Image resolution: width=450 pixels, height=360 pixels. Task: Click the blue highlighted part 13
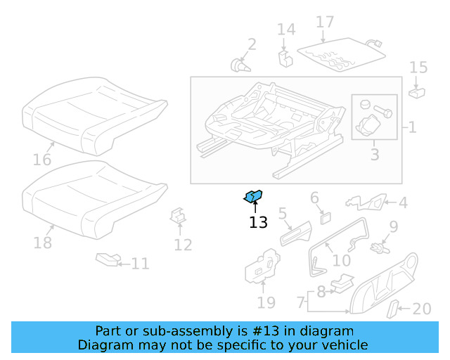(x=253, y=197)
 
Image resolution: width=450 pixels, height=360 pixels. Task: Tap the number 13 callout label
(x=258, y=223)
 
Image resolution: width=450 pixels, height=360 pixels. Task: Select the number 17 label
(x=325, y=22)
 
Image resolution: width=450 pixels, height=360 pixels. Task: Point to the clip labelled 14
(x=285, y=57)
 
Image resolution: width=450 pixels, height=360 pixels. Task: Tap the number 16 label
(x=42, y=160)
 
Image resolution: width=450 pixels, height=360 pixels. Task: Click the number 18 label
(x=43, y=243)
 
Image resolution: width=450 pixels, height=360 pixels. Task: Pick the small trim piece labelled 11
(x=107, y=260)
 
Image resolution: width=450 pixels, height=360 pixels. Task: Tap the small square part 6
(x=326, y=217)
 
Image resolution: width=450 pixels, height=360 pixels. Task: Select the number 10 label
(x=341, y=260)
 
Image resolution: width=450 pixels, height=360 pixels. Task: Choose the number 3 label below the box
(x=374, y=154)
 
